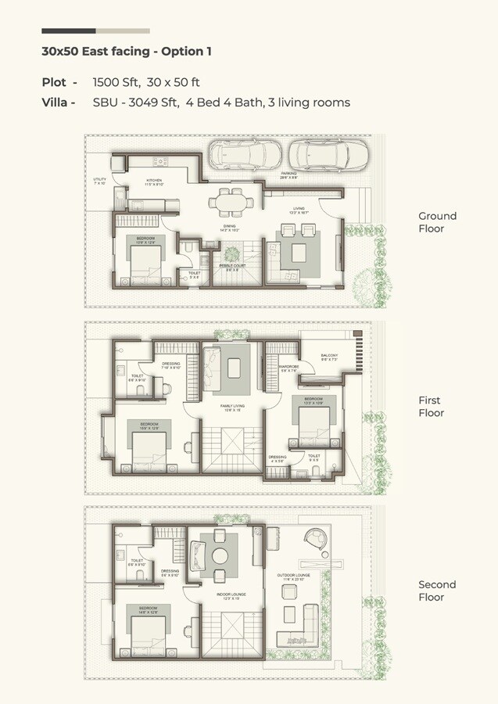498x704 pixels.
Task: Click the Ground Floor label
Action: [x=437, y=222]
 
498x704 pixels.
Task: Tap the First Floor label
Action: [x=431, y=407]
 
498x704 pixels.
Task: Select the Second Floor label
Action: [x=437, y=591]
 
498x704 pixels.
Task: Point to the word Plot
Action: [x=55, y=81]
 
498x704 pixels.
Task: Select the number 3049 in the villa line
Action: [x=143, y=102]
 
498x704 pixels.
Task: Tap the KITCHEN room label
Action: [x=152, y=181]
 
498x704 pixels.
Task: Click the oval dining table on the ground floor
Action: [x=225, y=203]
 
